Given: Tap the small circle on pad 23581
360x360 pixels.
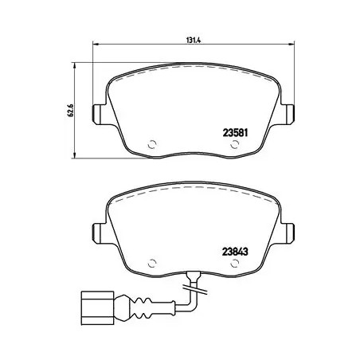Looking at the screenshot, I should coord(154,145).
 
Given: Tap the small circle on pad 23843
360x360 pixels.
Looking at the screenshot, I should coord(154,260).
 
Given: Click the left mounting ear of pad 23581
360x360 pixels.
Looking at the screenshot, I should coord(99,114).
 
